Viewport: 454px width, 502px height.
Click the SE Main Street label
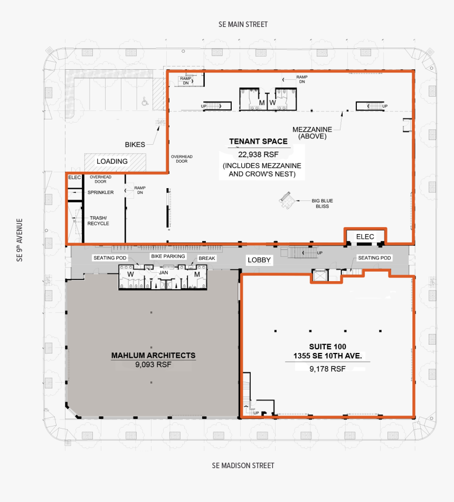click(x=243, y=24)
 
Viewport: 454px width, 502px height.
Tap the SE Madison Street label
click(x=243, y=466)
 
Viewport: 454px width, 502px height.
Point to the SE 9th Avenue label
click(x=20, y=240)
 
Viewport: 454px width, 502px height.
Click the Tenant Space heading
click(x=258, y=142)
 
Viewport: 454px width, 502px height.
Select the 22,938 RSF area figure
click(x=258, y=154)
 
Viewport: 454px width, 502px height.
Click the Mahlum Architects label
click(x=153, y=355)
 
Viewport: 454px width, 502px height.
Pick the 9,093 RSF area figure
click(x=153, y=365)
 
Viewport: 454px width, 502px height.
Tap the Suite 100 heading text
click(x=327, y=351)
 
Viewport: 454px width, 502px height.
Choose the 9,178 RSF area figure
click(x=327, y=369)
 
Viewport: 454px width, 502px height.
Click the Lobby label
click(x=259, y=260)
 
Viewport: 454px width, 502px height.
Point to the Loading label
click(x=112, y=161)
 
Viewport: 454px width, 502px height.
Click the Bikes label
click(x=135, y=144)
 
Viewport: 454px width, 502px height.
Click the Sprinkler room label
click(x=101, y=192)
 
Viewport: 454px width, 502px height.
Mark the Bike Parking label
click(x=168, y=256)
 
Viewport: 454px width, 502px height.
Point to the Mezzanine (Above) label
click(x=312, y=133)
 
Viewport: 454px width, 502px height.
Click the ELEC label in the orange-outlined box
click(x=365, y=237)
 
